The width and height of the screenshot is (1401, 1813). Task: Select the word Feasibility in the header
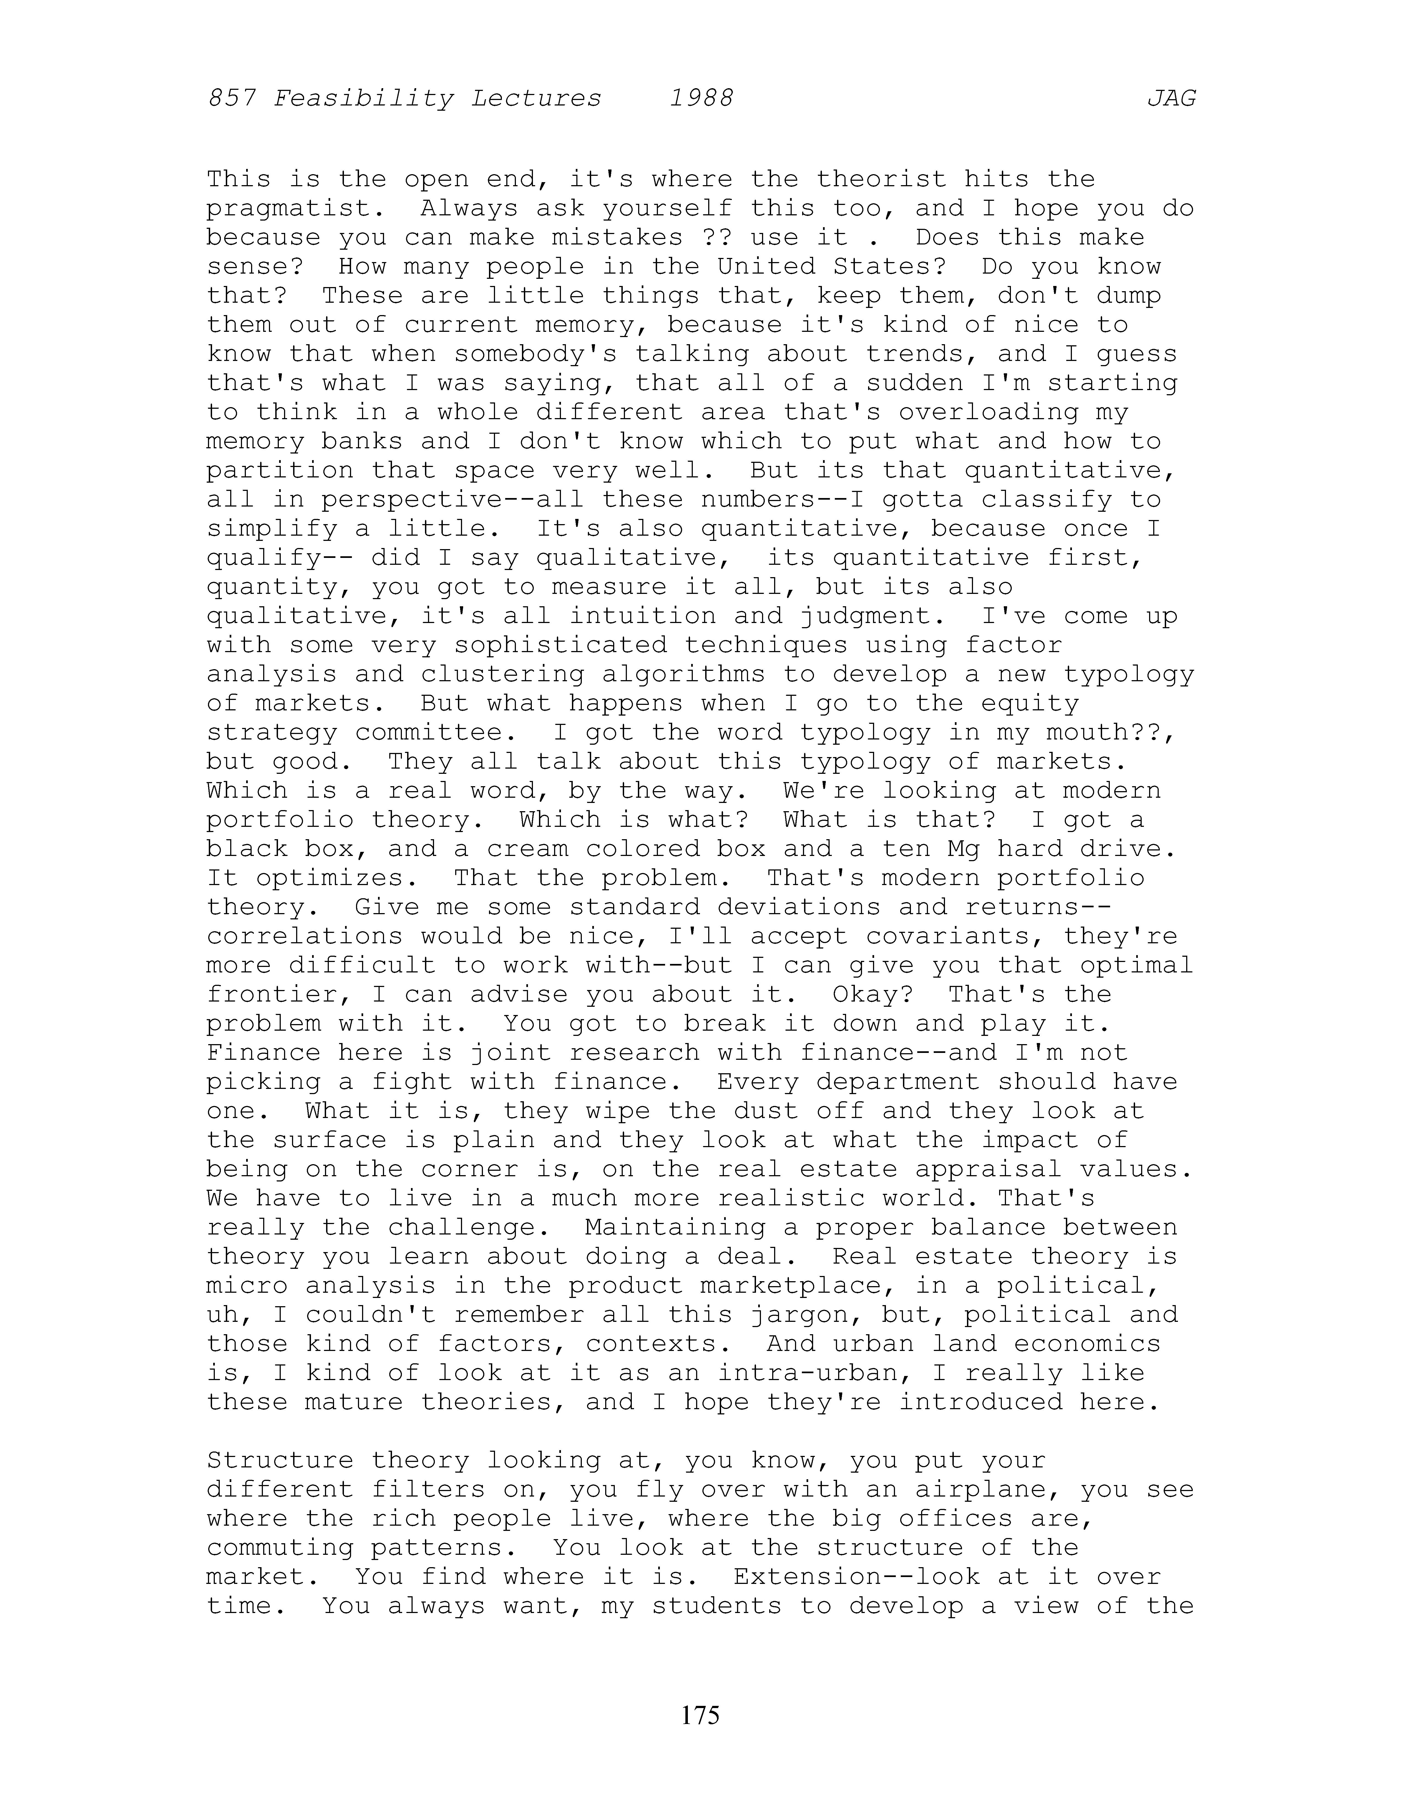[x=363, y=99]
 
